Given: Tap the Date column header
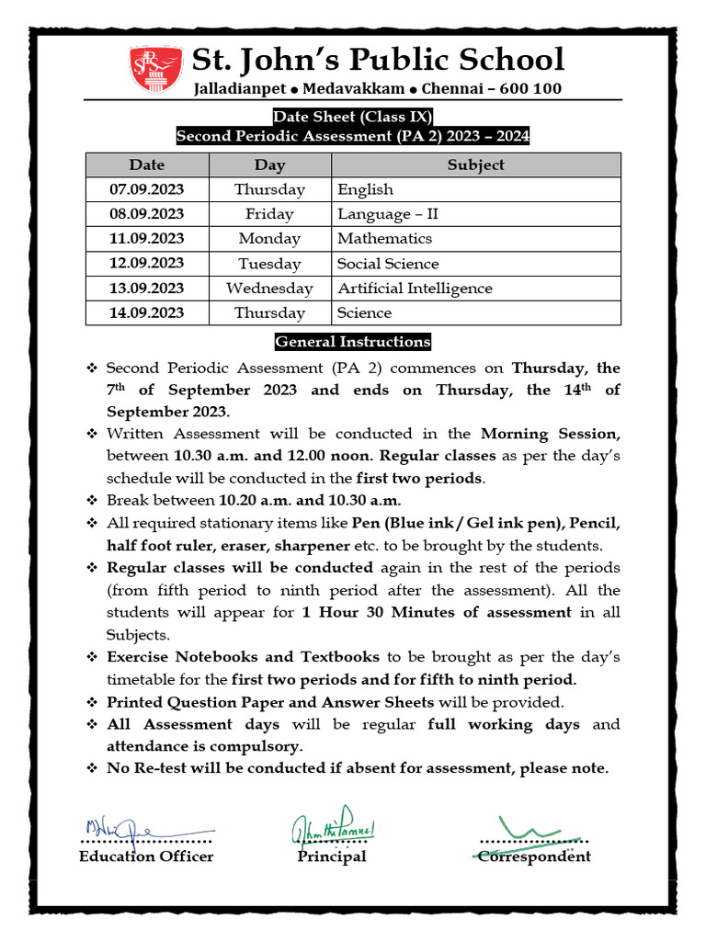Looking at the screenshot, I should tap(147, 164).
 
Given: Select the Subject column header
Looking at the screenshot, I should tap(475, 164).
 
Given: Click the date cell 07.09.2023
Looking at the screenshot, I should tap(147, 189).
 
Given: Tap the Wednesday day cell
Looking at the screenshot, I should tap(269, 288).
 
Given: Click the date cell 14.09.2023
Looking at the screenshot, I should tap(147, 312).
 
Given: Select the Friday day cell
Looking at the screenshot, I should tap(269, 214).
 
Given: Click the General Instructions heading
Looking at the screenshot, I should tap(353, 342).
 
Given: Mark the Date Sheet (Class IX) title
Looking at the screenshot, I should tap(353, 117).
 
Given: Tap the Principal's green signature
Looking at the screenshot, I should tap(333, 828).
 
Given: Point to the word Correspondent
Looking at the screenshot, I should tap(534, 856).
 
